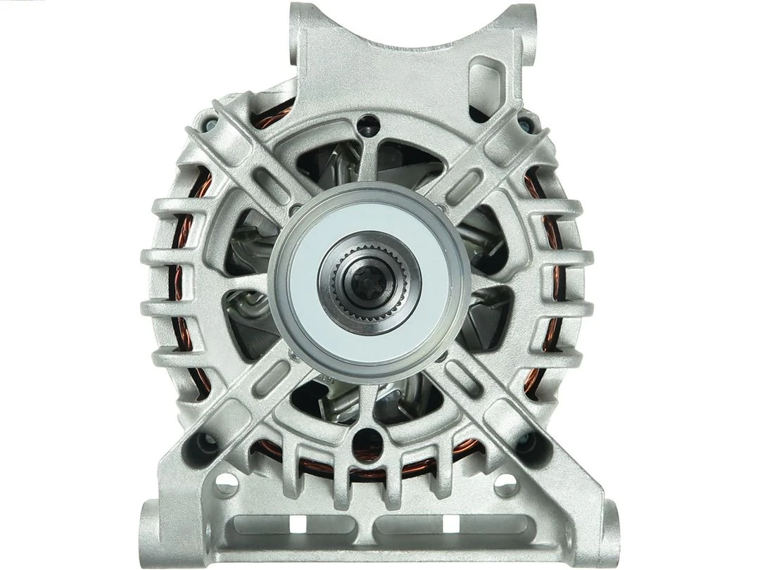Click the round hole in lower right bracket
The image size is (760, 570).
[506, 483]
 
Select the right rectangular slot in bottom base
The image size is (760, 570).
[450, 524]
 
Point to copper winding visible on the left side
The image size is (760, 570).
[184, 296]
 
